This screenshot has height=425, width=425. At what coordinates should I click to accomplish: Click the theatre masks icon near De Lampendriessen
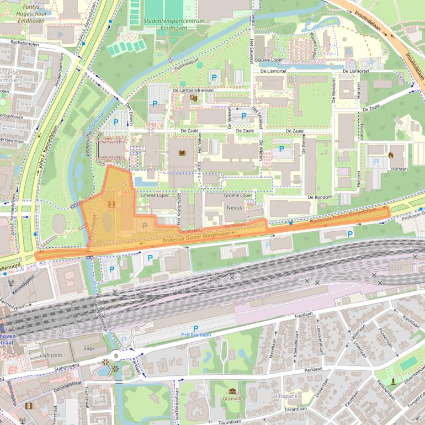click(193, 98)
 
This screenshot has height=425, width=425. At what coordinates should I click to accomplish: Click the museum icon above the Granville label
click(232, 391)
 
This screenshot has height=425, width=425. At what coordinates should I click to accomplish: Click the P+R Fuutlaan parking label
click(196, 334)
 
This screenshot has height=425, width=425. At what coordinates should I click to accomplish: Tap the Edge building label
click(89, 348)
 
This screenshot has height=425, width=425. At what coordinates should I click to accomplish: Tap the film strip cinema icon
click(28, 406)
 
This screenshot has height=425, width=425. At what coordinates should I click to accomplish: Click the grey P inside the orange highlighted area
click(145, 226)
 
